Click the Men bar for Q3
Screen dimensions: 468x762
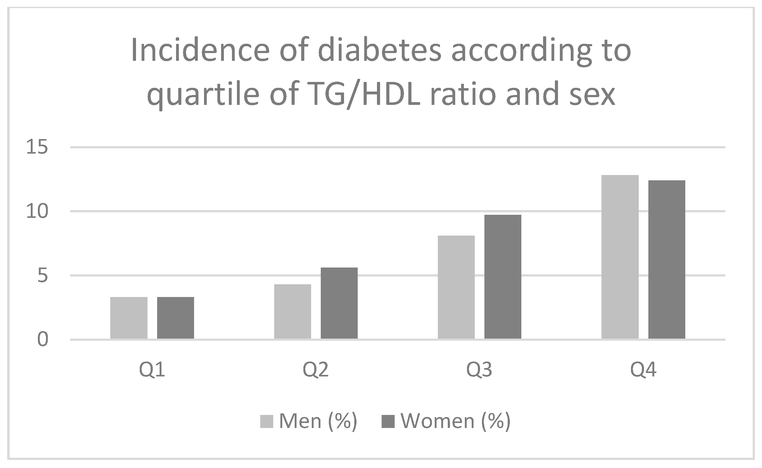tap(456, 287)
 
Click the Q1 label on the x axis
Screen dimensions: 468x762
tap(152, 370)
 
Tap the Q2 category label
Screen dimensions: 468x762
tap(315, 370)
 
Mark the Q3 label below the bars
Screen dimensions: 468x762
tap(479, 370)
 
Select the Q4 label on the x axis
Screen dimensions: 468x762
tap(643, 370)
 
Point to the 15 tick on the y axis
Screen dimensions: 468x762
tap(37, 147)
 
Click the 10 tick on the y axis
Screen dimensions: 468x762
tap(37, 212)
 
